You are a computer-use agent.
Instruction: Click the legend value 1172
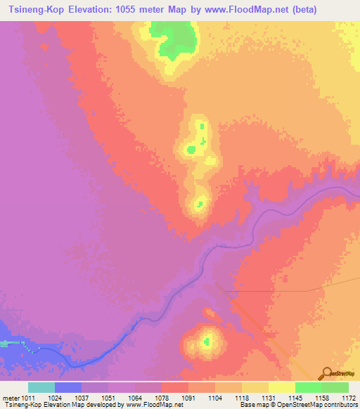tap(349, 398)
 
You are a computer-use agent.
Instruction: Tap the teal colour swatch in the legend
tap(41, 387)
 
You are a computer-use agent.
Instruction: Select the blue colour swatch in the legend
tap(68, 387)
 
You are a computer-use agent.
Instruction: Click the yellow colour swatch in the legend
tap(281, 387)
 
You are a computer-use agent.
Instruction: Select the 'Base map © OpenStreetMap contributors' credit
tap(298, 405)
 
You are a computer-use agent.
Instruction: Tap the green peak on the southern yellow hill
tap(207, 342)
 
